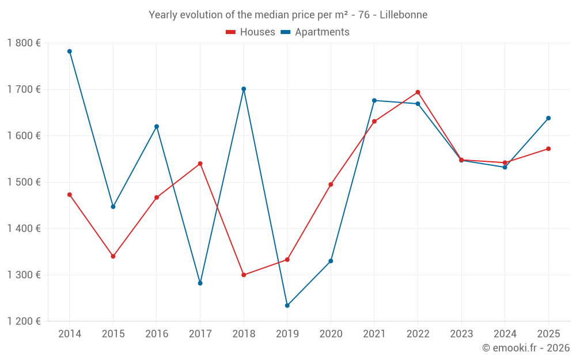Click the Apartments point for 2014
70,51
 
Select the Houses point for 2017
200,164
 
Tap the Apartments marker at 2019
287,305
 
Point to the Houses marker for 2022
418,92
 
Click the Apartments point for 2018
244,89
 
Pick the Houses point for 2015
113,256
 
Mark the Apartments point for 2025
548,118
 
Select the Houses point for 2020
331,184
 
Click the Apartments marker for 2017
200,283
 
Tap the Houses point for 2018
244,275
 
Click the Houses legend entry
251,32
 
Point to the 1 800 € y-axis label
24,43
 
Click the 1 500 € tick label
24,182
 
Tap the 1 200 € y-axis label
24,321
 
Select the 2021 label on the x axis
374,334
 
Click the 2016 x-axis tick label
157,334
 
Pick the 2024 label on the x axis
505,334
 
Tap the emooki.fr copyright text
525,348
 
